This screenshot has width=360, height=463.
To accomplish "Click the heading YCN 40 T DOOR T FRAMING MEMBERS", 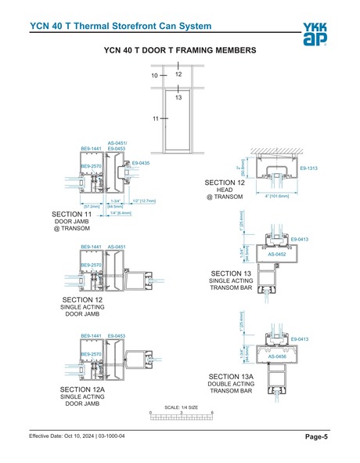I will coord(179,50).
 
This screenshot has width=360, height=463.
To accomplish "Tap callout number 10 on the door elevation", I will coord(154,76).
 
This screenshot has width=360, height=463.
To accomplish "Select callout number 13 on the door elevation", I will coord(178,98).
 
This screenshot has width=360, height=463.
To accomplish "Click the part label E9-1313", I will coord(308,168).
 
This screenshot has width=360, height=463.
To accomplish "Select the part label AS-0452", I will coord(276,255).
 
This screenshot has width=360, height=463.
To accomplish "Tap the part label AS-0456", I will coord(276,356).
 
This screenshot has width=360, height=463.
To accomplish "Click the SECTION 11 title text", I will coord(71,214).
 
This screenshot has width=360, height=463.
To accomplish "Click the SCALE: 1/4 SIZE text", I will coord(181,407).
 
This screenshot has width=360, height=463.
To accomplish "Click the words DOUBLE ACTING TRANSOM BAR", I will coord(230,387).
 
